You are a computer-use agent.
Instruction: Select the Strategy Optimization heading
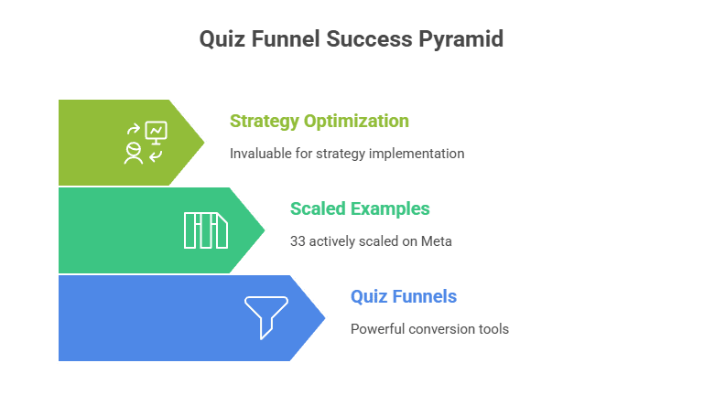pos(319,121)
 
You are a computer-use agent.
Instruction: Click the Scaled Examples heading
pos(360,208)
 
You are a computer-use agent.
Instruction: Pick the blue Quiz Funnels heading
pos(404,296)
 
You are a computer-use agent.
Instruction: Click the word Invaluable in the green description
pos(260,154)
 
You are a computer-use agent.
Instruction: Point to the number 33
pos(298,241)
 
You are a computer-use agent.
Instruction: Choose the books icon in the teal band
pos(205,230)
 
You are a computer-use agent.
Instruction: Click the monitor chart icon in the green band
pos(156,132)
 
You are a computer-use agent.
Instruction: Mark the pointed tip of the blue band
pos(326,318)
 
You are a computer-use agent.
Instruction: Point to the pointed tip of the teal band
pos(265,230)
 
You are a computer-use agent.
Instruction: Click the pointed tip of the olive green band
pos(205,143)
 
